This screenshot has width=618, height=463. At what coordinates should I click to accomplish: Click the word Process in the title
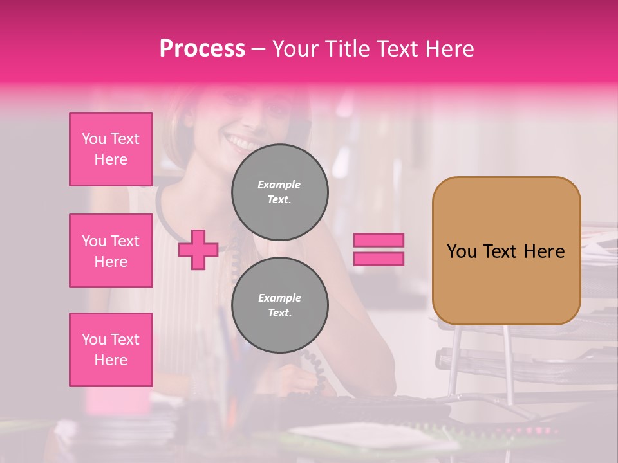(x=202, y=49)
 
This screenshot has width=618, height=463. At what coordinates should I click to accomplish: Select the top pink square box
(x=111, y=149)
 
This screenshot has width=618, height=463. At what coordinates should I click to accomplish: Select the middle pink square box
(x=111, y=251)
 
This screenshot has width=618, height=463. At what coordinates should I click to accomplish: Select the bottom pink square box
(x=111, y=350)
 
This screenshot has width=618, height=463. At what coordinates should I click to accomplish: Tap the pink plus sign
(x=198, y=250)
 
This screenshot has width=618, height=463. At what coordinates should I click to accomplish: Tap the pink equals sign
(x=379, y=250)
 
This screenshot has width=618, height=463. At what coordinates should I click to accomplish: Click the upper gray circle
(x=280, y=192)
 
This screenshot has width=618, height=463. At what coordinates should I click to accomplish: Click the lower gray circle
(x=280, y=305)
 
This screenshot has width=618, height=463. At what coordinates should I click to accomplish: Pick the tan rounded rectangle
(x=506, y=251)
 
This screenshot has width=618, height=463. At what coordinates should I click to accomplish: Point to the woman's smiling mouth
(x=240, y=141)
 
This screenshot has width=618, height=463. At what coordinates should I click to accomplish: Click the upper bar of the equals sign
(x=379, y=241)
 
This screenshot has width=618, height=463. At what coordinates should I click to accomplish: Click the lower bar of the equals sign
(x=379, y=259)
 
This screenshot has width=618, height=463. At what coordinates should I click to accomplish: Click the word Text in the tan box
(x=500, y=251)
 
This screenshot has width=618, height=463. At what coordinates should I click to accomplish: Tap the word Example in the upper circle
(x=279, y=185)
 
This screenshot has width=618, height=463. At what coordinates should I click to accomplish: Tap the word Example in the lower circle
(x=279, y=298)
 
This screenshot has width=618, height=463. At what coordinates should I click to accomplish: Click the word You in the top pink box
(x=94, y=139)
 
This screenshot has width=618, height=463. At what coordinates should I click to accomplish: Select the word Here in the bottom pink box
(x=111, y=360)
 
